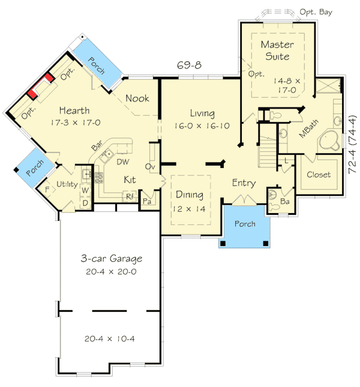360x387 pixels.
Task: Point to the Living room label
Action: pyautogui.click(x=203, y=113)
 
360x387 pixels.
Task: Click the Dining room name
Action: pyautogui.click(x=190, y=195)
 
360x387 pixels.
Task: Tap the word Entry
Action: pyautogui.click(x=244, y=184)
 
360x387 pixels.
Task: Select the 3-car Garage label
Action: pyautogui.click(x=112, y=259)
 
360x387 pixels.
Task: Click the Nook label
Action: pyautogui.click(x=137, y=98)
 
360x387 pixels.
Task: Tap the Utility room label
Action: pyautogui.click(x=66, y=184)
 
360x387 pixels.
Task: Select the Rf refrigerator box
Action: pyautogui.click(x=129, y=196)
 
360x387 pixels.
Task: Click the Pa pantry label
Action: pyautogui.click(x=146, y=201)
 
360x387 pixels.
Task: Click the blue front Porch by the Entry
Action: pyautogui.click(x=244, y=224)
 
